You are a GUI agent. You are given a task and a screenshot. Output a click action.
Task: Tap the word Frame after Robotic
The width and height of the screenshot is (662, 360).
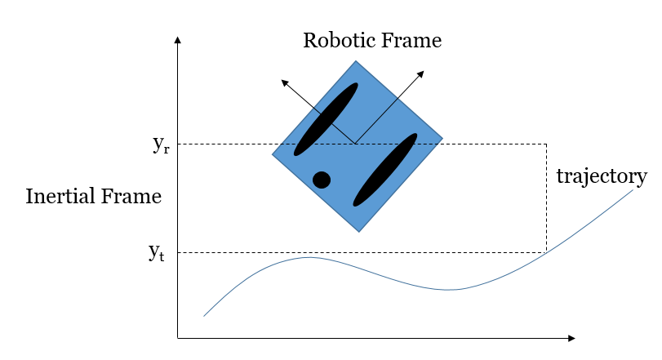[411, 41]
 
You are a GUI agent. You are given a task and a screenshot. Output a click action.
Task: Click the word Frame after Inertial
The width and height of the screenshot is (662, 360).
[131, 196]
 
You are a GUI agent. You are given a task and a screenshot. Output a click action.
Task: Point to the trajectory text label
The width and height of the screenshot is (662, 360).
[602, 176]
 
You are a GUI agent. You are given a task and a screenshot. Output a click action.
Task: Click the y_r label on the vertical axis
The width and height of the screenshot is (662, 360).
[162, 144]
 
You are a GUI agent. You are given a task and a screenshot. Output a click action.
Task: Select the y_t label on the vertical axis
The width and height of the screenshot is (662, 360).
[157, 252]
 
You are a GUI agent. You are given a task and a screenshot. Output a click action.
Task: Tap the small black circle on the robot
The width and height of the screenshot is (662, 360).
[322, 180]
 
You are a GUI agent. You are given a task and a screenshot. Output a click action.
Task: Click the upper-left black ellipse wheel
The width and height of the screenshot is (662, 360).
[326, 119]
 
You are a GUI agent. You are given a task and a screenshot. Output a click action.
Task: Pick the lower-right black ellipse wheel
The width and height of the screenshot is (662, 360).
[385, 170]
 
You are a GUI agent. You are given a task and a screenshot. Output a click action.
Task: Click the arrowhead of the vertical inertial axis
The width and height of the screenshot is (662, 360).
[178, 40]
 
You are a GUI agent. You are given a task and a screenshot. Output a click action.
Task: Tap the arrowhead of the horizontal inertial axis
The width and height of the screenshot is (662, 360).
[571, 338]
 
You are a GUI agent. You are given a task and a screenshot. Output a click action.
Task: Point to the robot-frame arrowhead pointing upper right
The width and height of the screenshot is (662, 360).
[420, 74]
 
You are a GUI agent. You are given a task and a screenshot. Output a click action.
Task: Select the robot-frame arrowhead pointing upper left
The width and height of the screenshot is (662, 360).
[285, 82]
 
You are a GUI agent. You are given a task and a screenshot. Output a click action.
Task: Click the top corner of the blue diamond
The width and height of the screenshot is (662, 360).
[356, 60]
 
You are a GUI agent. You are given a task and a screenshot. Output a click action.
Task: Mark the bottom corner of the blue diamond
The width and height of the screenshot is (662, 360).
[359, 232]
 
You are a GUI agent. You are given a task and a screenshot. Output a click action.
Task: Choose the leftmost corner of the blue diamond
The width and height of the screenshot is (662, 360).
[273, 154]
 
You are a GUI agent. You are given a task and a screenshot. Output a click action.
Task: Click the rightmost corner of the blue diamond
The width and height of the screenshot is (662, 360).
[442, 138]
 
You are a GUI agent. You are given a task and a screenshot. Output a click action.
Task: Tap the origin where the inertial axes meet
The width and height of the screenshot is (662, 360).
[178, 338]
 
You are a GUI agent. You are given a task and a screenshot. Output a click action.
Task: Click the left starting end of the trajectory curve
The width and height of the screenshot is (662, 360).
[204, 316]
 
